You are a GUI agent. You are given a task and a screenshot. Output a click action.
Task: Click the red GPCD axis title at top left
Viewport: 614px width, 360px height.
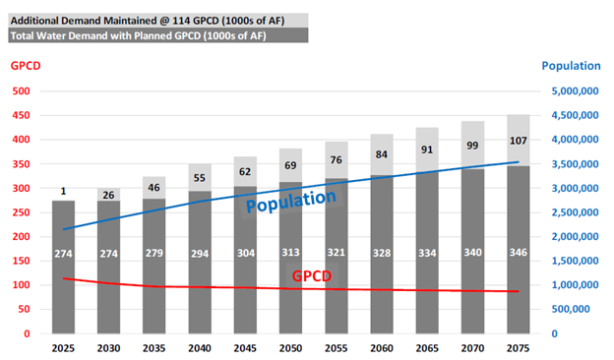pyautogui.click(x=26, y=66)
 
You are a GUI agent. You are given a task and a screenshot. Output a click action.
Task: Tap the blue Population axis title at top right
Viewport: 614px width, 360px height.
pyautogui.click(x=570, y=66)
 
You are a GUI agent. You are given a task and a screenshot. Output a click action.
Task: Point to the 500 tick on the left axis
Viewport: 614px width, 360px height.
pyautogui.click(x=22, y=91)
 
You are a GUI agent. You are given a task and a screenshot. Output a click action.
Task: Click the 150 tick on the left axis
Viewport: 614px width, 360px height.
pyautogui.click(x=22, y=261)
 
